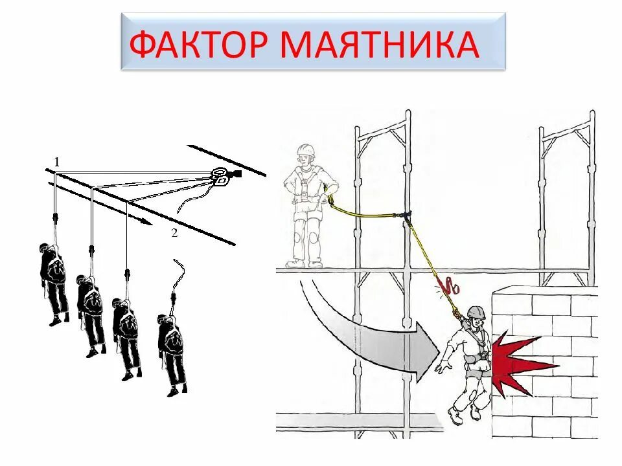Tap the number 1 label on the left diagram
click(56, 162)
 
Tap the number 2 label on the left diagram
click(174, 234)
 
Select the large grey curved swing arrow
click(369, 337)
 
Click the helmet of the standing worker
click(305, 151)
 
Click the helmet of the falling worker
click(476, 313)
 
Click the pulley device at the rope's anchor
click(221, 175)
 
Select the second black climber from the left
click(91, 314)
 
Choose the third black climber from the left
click(127, 337)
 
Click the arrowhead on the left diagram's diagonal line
click(146, 221)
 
